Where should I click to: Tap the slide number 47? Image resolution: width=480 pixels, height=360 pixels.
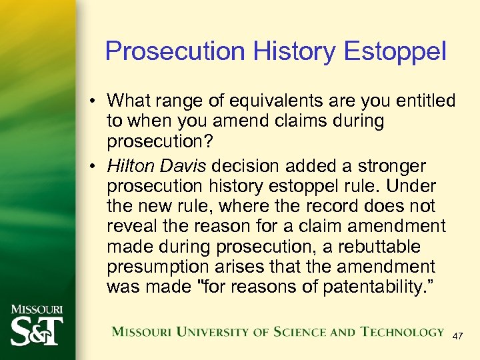(x=458, y=337)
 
